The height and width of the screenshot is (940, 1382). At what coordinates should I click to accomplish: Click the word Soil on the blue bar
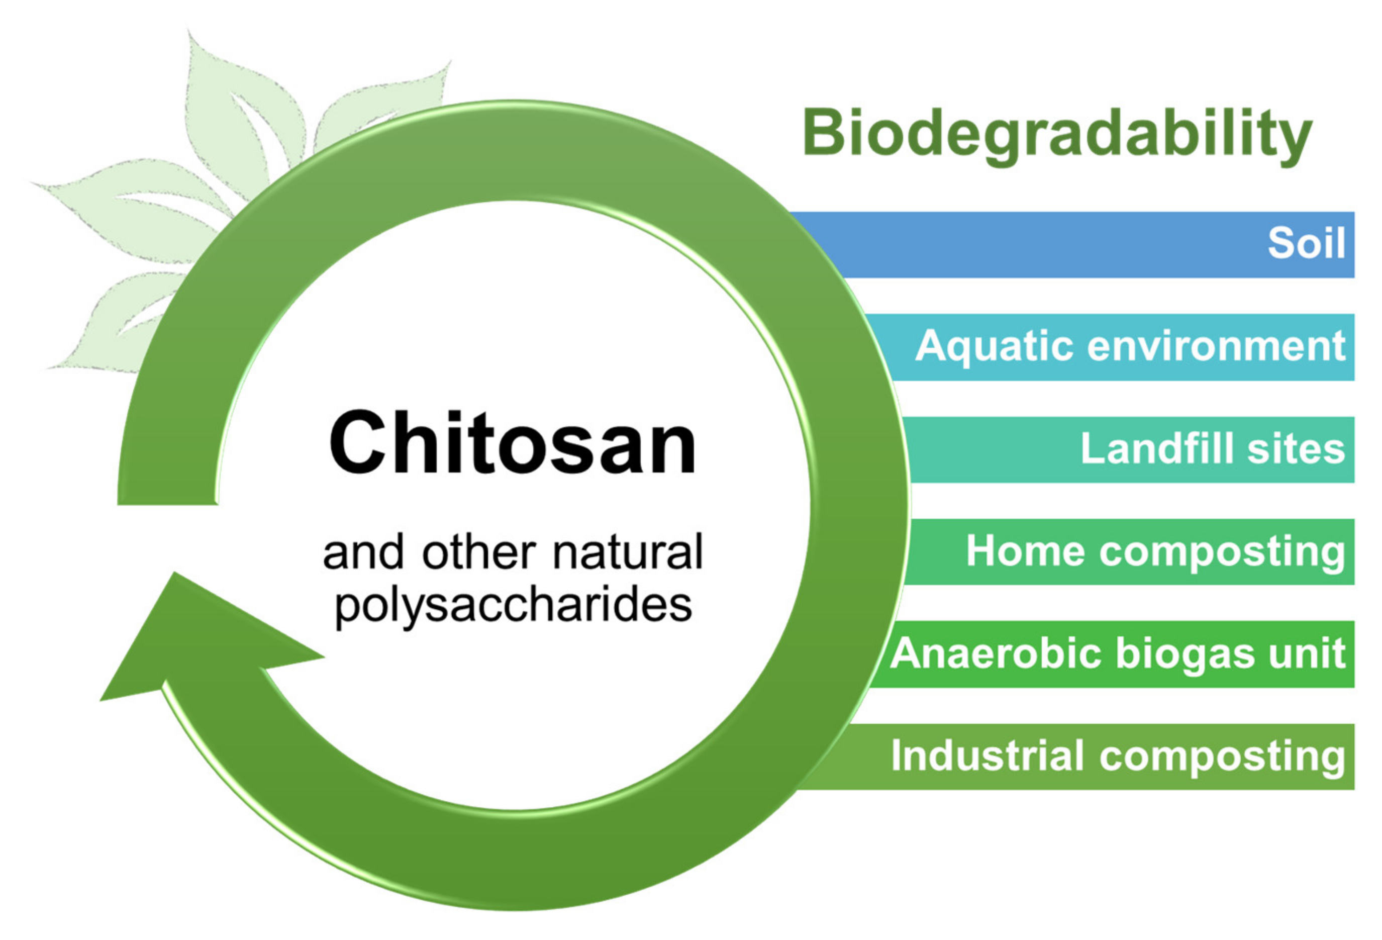(x=1306, y=243)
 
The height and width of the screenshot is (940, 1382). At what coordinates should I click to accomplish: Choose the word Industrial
(x=987, y=756)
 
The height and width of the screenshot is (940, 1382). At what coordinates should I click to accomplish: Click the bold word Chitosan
(x=512, y=443)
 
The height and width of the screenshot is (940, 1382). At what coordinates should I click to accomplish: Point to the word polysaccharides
(x=513, y=606)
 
